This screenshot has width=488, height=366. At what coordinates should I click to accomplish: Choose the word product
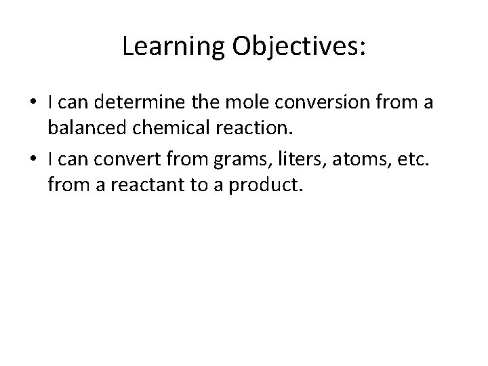click(266, 185)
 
